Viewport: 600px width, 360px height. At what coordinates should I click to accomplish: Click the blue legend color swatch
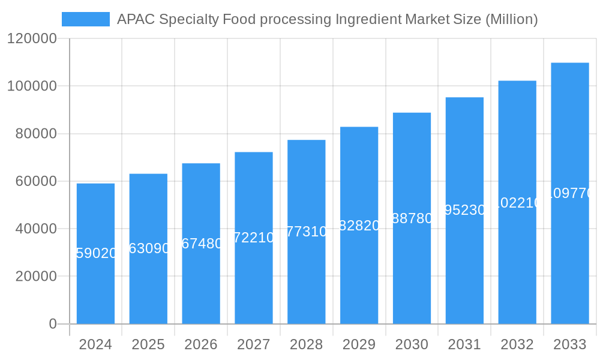click(86, 19)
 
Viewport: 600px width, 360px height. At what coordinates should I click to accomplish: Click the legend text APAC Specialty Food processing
click(327, 19)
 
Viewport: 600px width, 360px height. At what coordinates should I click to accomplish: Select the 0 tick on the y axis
click(52, 324)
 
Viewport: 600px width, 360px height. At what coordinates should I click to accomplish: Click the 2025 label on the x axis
click(148, 344)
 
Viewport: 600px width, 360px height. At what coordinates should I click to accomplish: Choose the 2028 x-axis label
click(306, 344)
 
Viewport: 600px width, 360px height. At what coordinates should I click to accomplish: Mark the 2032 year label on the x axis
click(517, 344)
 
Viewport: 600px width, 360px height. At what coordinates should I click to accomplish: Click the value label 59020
click(96, 253)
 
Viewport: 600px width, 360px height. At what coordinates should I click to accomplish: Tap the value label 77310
click(307, 232)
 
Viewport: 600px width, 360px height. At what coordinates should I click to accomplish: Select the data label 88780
click(412, 218)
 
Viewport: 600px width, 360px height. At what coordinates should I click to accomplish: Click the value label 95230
click(464, 210)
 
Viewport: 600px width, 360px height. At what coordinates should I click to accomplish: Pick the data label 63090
click(149, 248)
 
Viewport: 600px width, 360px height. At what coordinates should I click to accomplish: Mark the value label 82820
click(359, 226)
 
